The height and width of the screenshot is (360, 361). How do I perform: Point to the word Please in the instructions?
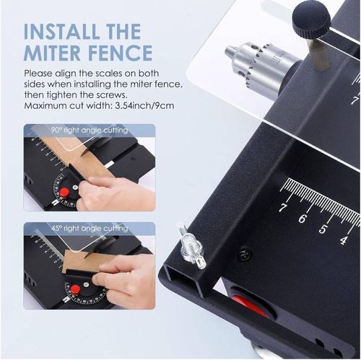tap(39, 74)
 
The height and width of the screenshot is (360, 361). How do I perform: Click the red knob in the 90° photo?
tap(64, 192)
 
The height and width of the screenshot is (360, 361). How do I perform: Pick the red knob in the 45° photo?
tap(75, 289)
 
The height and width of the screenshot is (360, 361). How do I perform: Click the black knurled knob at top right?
tap(311, 16)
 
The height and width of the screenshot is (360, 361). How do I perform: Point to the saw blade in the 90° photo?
tap(84, 153)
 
